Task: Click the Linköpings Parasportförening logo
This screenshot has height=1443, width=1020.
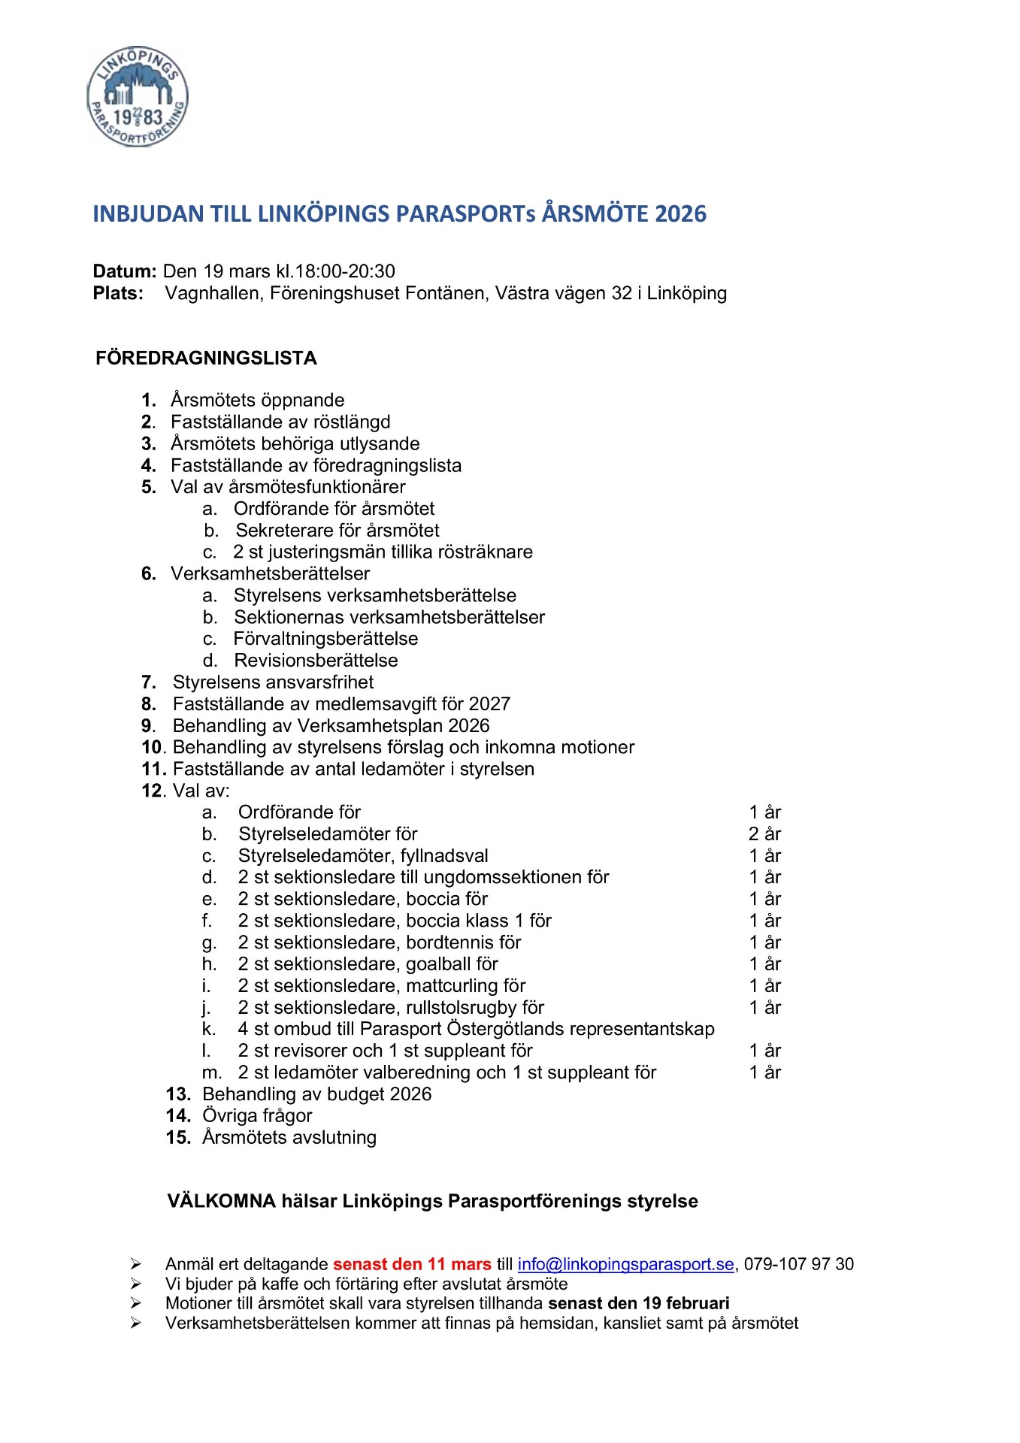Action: tap(137, 96)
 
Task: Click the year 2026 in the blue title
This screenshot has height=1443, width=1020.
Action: tap(680, 214)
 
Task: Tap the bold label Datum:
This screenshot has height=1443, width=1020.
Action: tap(125, 271)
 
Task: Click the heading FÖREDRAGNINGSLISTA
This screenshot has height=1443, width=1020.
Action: tap(206, 358)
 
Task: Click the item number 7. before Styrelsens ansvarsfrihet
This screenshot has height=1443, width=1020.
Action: tap(149, 682)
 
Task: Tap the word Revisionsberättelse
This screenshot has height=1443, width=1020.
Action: tap(316, 661)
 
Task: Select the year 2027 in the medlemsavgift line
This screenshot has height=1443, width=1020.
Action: tap(489, 704)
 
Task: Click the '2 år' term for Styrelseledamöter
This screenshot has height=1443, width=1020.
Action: tap(764, 834)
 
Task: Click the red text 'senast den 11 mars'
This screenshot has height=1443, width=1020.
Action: tap(412, 1264)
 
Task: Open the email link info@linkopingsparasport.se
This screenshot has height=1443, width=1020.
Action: tap(625, 1264)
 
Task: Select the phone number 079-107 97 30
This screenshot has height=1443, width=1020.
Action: tap(799, 1264)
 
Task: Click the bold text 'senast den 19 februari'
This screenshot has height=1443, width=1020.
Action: tap(639, 1303)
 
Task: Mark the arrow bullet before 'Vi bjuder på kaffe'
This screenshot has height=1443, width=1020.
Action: tap(136, 1284)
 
